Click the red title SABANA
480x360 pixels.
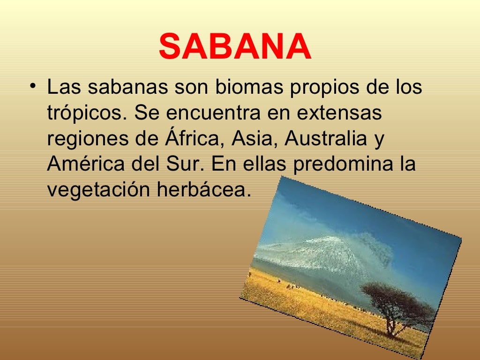[x=235, y=47]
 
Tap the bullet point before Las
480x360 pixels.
[x=32, y=87]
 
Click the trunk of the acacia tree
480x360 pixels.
[x=390, y=326]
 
